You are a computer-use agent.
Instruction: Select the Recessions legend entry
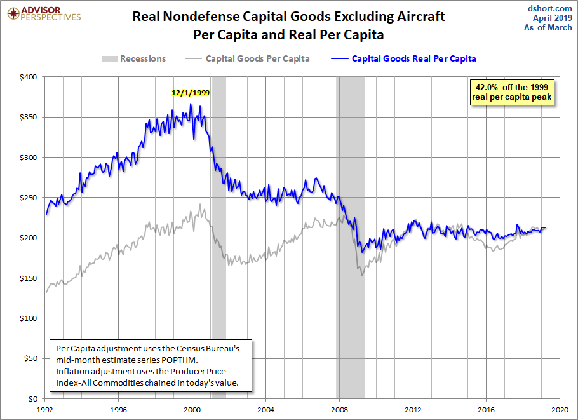[133, 58]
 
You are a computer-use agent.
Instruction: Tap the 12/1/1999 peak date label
[191, 92]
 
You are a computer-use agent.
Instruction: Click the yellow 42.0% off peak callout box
[512, 92]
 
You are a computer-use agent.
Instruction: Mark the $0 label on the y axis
[33, 399]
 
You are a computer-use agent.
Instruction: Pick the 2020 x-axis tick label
[560, 409]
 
